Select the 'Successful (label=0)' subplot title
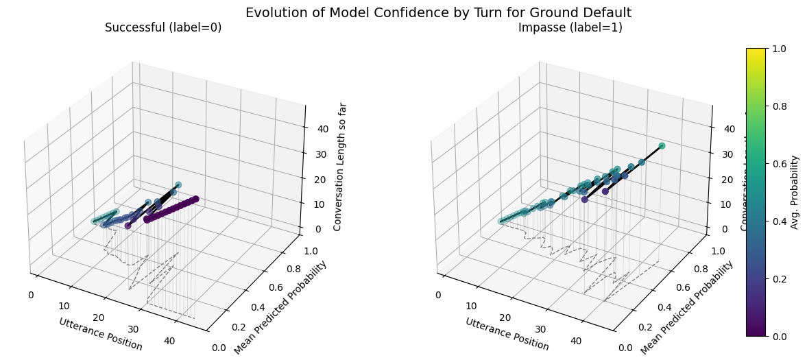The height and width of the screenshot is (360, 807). [x=163, y=27]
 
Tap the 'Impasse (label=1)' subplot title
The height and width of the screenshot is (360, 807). [x=570, y=27]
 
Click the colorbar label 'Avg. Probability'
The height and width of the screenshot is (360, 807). [x=795, y=192]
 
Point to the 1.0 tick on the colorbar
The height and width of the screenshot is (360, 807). [x=778, y=49]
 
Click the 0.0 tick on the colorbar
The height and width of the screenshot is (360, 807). [x=778, y=336]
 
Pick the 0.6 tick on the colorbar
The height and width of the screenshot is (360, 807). [x=778, y=164]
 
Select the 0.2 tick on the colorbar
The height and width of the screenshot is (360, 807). [x=778, y=278]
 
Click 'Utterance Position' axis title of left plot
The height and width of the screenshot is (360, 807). [x=100, y=334]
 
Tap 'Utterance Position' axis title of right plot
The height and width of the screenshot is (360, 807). [x=507, y=334]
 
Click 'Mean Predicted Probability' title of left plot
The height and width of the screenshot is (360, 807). [x=280, y=308]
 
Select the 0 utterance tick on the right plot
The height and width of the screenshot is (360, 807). [x=437, y=295]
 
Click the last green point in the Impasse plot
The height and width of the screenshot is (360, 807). [x=662, y=146]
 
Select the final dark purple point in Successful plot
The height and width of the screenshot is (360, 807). [x=195, y=199]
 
